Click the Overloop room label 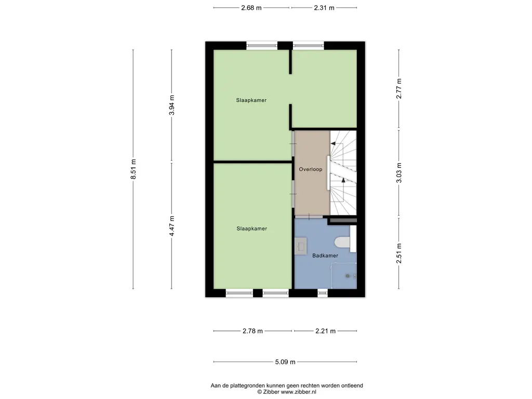click(311, 169)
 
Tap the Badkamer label click(325, 256)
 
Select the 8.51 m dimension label click(134, 169)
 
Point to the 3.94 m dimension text click(171, 105)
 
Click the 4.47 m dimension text click(171, 226)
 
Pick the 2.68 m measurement click(251, 8)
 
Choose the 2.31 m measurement click(324, 8)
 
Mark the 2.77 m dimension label click(399, 88)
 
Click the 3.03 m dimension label click(399, 172)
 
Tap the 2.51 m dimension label click(399, 253)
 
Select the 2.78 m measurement click(253, 331)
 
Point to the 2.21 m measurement click(325, 331)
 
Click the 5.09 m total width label click(285, 362)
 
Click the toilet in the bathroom click(342, 243)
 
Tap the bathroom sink click(301, 246)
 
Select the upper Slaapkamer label click(251, 100)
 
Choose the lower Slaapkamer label click(252, 229)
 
